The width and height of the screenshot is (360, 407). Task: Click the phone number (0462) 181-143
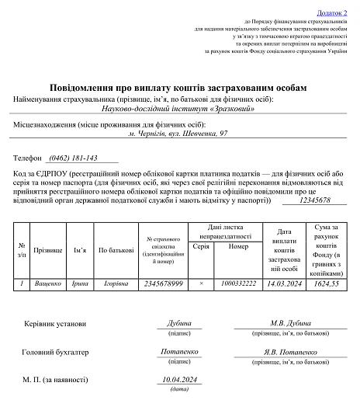(72, 157)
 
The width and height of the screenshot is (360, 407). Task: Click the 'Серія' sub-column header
(200, 245)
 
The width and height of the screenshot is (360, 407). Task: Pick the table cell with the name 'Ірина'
(81, 284)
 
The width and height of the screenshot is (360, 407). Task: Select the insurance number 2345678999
(163, 284)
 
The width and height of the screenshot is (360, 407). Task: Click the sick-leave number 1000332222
(239, 284)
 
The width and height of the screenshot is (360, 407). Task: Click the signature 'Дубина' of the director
(179, 323)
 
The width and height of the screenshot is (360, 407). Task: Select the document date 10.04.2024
(179, 379)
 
